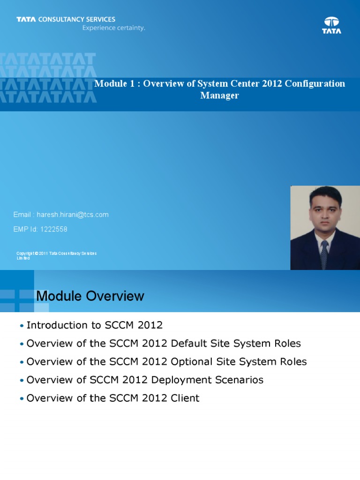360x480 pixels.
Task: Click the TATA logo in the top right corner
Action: tap(331, 25)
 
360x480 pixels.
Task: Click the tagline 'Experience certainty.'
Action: tap(114, 28)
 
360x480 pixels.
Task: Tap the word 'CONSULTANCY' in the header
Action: tap(56, 20)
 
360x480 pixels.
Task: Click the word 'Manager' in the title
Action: tap(219, 96)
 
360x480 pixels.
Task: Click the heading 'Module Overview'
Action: tap(90, 296)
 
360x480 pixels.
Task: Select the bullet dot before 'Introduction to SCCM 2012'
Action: tap(22, 326)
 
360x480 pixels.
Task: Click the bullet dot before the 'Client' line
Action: tap(22, 399)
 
